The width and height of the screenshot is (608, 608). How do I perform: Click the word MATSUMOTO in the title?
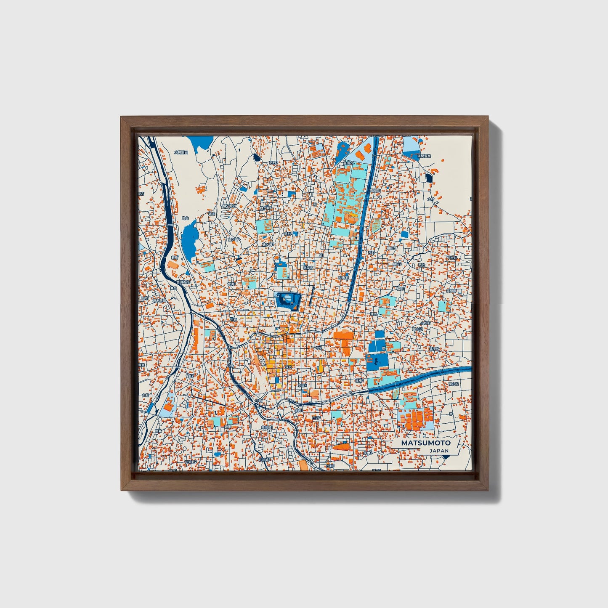pos(425,443)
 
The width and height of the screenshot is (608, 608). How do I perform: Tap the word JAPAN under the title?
pos(439,451)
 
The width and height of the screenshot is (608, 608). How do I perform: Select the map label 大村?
pos(430,199)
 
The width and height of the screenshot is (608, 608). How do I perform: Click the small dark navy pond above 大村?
pos(429,178)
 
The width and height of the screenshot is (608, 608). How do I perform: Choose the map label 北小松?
pos(433,348)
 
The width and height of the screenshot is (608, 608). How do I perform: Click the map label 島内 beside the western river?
pos(185,218)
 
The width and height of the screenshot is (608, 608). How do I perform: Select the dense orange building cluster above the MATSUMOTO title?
pos(417,419)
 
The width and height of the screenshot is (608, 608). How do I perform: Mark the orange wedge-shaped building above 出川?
pos(342,446)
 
